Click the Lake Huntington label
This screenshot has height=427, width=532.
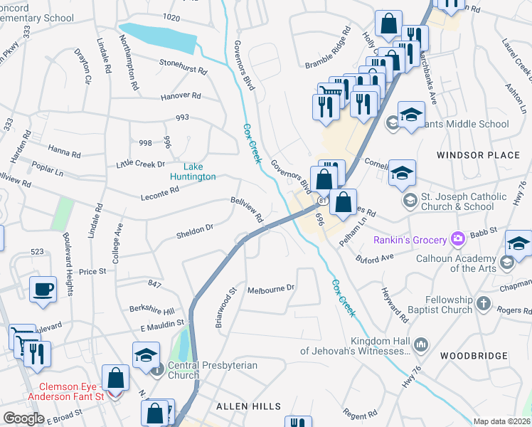pos(192,172)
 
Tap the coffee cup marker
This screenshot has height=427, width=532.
pos(43,290)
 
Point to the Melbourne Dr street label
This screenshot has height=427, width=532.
pos(271,289)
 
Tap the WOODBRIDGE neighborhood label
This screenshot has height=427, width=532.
pos(474,355)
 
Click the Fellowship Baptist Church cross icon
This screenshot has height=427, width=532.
pos(482,304)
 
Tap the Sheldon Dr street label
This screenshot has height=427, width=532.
pos(195,229)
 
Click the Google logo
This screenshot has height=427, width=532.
pos(23,418)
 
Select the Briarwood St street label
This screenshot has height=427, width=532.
pos(225,307)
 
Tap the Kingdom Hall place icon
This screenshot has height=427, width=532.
pos(420,344)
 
